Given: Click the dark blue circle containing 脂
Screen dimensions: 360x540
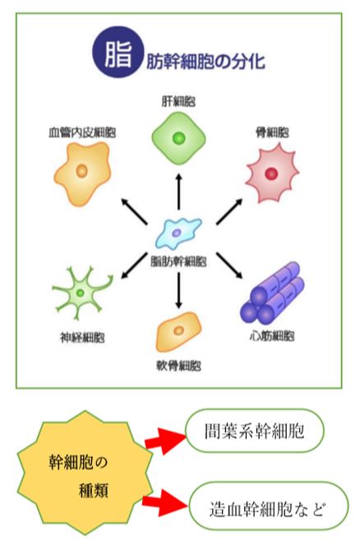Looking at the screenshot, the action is [x=118, y=52].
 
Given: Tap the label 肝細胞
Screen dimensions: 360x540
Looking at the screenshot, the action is [x=178, y=102].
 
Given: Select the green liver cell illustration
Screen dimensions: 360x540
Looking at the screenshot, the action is [x=179, y=138].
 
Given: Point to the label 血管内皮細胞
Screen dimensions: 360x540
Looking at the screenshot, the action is [x=82, y=132].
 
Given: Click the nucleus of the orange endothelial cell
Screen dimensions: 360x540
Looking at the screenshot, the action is [x=81, y=171].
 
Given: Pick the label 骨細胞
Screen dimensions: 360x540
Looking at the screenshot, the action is [x=272, y=132].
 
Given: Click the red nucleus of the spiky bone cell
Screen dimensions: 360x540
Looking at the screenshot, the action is [x=271, y=174].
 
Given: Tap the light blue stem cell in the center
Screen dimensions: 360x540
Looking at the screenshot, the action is [x=178, y=233].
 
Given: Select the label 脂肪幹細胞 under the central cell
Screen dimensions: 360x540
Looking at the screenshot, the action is [x=178, y=261].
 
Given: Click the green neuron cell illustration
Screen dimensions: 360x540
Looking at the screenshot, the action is [x=81, y=293].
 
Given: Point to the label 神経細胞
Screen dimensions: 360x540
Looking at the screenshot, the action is [x=82, y=338].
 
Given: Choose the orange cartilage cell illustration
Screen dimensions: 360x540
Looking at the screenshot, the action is [x=178, y=331].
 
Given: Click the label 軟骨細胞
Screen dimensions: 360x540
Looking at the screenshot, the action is [x=178, y=366].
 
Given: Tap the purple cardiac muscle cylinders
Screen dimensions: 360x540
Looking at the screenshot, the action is [x=272, y=293].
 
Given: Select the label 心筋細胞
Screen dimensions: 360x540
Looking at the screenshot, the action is [x=272, y=336].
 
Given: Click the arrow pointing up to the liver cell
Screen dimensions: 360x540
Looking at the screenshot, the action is [x=178, y=192].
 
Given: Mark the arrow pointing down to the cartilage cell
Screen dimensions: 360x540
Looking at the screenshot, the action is [x=178, y=290].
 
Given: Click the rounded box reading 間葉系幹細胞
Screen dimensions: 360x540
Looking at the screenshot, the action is [x=255, y=431].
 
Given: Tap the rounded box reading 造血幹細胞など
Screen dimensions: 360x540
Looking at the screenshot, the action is [x=269, y=506].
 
